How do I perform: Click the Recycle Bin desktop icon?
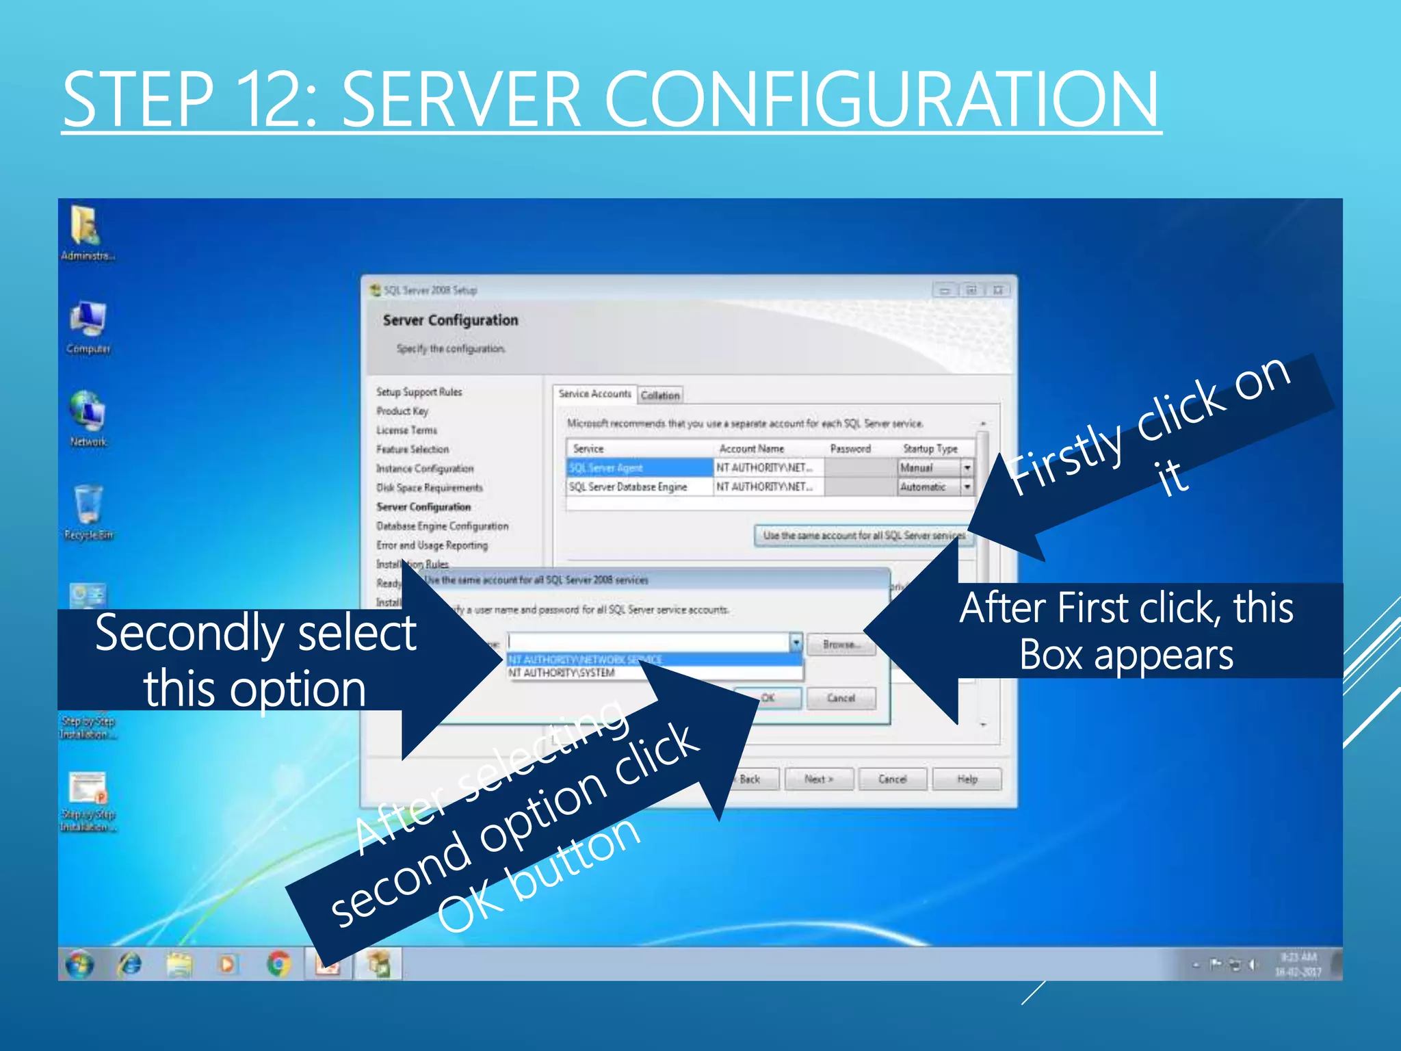point(88,506)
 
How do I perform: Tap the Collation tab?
point(660,395)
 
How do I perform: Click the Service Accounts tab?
point(594,394)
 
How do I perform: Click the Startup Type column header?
point(930,449)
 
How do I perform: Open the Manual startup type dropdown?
point(967,468)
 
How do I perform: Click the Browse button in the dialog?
point(841,645)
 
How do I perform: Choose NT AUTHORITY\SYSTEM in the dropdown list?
point(562,673)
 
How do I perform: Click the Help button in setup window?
point(967,779)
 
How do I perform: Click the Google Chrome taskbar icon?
point(278,965)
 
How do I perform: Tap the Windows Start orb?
point(80,965)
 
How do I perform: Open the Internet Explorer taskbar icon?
point(129,965)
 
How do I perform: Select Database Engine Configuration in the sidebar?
point(443,526)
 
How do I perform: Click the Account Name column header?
point(751,449)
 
